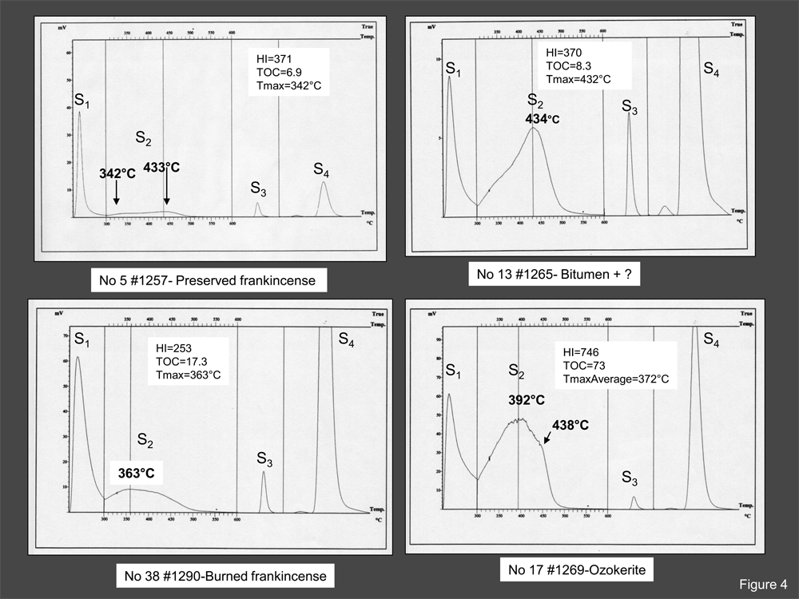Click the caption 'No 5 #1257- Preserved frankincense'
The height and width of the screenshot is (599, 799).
(209, 280)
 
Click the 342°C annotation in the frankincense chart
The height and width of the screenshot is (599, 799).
(117, 173)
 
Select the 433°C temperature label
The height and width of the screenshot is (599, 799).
(162, 168)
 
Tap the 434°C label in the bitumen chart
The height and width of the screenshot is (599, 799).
(543, 119)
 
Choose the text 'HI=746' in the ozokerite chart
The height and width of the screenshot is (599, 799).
(581, 352)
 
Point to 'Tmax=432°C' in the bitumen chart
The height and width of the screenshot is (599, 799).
(578, 79)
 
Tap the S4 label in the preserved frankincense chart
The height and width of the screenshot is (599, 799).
(321, 169)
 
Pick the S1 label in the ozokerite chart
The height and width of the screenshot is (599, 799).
(453, 371)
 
